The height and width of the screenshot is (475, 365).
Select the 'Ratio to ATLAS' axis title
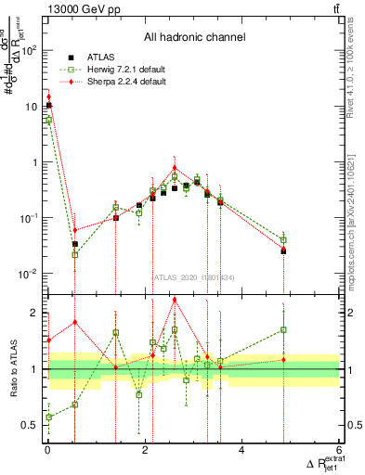13,369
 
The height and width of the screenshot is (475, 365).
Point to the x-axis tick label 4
242,451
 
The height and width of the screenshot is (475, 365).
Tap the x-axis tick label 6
340,451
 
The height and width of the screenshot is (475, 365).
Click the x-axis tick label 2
145,451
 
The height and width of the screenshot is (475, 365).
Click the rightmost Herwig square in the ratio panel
283,329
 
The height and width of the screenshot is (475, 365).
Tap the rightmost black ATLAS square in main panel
283,250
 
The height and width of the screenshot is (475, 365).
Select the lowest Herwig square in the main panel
75,254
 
